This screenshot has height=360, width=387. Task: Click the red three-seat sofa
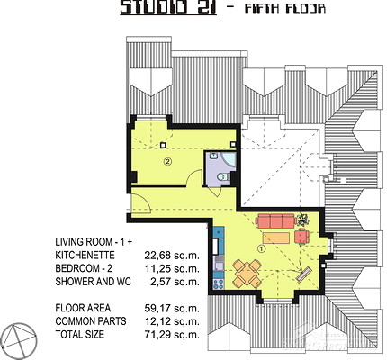point(275,220)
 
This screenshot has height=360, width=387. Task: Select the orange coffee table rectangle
point(276,238)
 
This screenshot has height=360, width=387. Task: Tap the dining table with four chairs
point(247,273)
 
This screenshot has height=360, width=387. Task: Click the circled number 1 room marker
point(262,248)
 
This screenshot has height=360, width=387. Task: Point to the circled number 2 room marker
point(167,162)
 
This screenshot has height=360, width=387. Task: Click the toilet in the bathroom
point(223,176)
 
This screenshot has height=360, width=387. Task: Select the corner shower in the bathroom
point(229,159)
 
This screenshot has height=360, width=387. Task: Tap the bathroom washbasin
point(213,156)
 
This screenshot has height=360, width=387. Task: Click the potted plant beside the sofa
point(303,220)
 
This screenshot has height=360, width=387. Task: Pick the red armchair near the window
point(301,236)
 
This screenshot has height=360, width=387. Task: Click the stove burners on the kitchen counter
point(218,283)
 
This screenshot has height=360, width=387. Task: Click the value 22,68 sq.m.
point(172,256)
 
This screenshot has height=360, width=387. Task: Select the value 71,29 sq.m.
point(172,335)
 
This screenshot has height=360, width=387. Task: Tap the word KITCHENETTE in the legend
point(85,256)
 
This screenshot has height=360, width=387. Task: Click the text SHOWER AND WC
point(93,282)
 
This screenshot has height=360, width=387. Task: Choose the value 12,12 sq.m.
point(172,321)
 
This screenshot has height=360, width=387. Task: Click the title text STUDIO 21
point(168,7)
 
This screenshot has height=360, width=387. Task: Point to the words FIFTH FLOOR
point(285,8)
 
